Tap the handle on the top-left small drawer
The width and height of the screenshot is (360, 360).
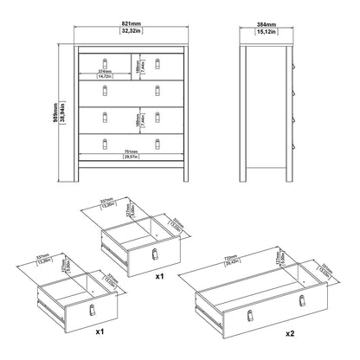click(x=105, y=61)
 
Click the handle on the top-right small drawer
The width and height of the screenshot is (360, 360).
click(x=158, y=61)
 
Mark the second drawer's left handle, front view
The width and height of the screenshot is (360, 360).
click(x=105, y=88)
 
